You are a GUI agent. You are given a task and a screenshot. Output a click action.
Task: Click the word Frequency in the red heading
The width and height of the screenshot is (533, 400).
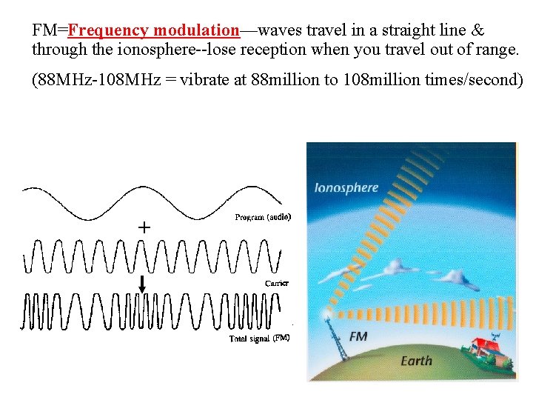pos(107,31)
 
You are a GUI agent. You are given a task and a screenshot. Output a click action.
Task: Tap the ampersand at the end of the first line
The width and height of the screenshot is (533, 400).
pos(477,31)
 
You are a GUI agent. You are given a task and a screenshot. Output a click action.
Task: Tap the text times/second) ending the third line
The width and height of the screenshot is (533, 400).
pos(474,80)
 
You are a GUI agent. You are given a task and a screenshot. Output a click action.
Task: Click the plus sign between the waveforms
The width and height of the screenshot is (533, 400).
pos(144,227)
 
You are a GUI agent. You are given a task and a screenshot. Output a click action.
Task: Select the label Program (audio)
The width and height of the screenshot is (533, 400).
pos(262,217)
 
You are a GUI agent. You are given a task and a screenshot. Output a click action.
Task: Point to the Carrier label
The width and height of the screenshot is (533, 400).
pos(276,283)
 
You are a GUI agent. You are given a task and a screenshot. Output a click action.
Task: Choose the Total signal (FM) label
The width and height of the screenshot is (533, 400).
pos(259,339)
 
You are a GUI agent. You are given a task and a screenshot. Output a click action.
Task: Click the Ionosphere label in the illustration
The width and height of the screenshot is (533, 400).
pos(346,187)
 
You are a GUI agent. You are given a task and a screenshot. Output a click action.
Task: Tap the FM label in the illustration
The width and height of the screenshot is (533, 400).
pos(358,337)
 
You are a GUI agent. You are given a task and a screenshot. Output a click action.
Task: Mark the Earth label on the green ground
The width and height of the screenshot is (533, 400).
pos(415,361)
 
